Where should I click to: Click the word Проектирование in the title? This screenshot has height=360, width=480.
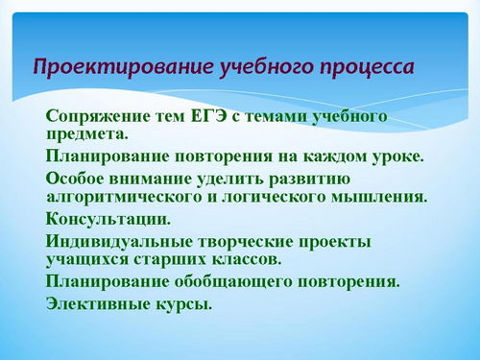click(124, 67)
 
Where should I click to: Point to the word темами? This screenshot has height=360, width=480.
click(274, 116)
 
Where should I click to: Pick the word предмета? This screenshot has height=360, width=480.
click(87, 134)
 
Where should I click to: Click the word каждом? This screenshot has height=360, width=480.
click(334, 156)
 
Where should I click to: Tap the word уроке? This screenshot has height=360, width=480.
click(397, 157)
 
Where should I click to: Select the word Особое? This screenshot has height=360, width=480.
click(75, 179)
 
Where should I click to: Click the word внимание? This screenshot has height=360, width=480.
click(150, 179)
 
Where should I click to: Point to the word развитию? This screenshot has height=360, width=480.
click(310, 180)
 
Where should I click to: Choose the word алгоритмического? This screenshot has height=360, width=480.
click(124, 197)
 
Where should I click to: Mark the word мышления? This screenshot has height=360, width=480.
click(379, 197)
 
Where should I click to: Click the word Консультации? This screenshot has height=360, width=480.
click(108, 220)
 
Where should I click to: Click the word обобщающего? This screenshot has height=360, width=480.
click(233, 282)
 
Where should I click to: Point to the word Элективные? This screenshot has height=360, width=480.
click(99, 303)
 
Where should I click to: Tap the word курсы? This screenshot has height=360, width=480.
click(184, 304)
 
